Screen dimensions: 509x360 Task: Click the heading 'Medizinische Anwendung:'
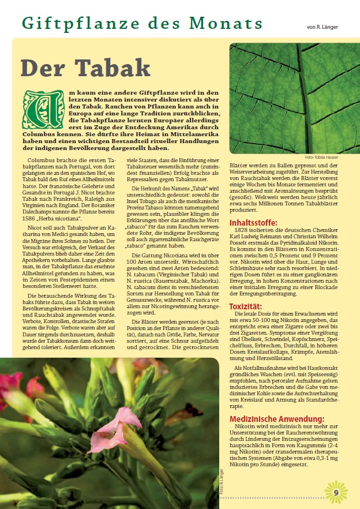click(277, 419)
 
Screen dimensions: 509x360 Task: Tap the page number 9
click(336, 492)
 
